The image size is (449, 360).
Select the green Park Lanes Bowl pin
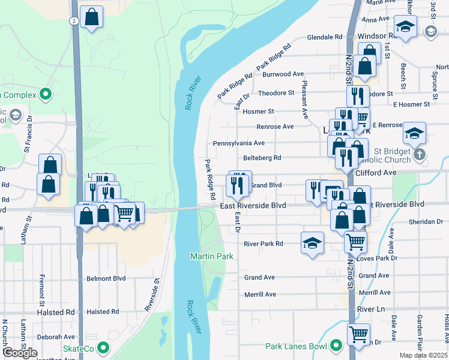click(x=335, y=346)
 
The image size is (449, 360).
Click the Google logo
click(x=20, y=353)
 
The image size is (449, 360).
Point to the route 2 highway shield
click(x=73, y=20)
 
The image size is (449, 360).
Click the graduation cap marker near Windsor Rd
click(x=406, y=27)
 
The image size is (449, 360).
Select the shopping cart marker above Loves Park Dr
click(x=356, y=241)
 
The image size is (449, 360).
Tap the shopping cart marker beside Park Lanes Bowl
click(x=358, y=334)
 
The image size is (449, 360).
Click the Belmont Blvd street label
click(x=106, y=278)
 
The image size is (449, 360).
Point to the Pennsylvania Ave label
click(x=238, y=143)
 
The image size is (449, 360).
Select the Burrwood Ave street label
click(x=283, y=74)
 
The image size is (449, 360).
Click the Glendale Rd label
click(x=324, y=37)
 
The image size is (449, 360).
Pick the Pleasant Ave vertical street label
click(x=305, y=99)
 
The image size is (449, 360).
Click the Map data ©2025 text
click(x=423, y=355)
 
